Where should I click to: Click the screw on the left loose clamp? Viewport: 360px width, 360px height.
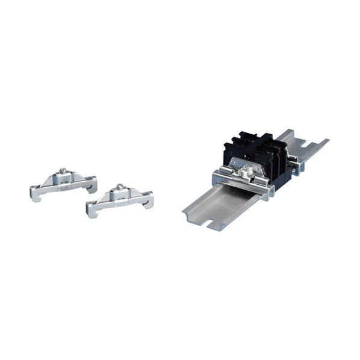62,173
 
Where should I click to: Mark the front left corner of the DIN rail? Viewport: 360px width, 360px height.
184,211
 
